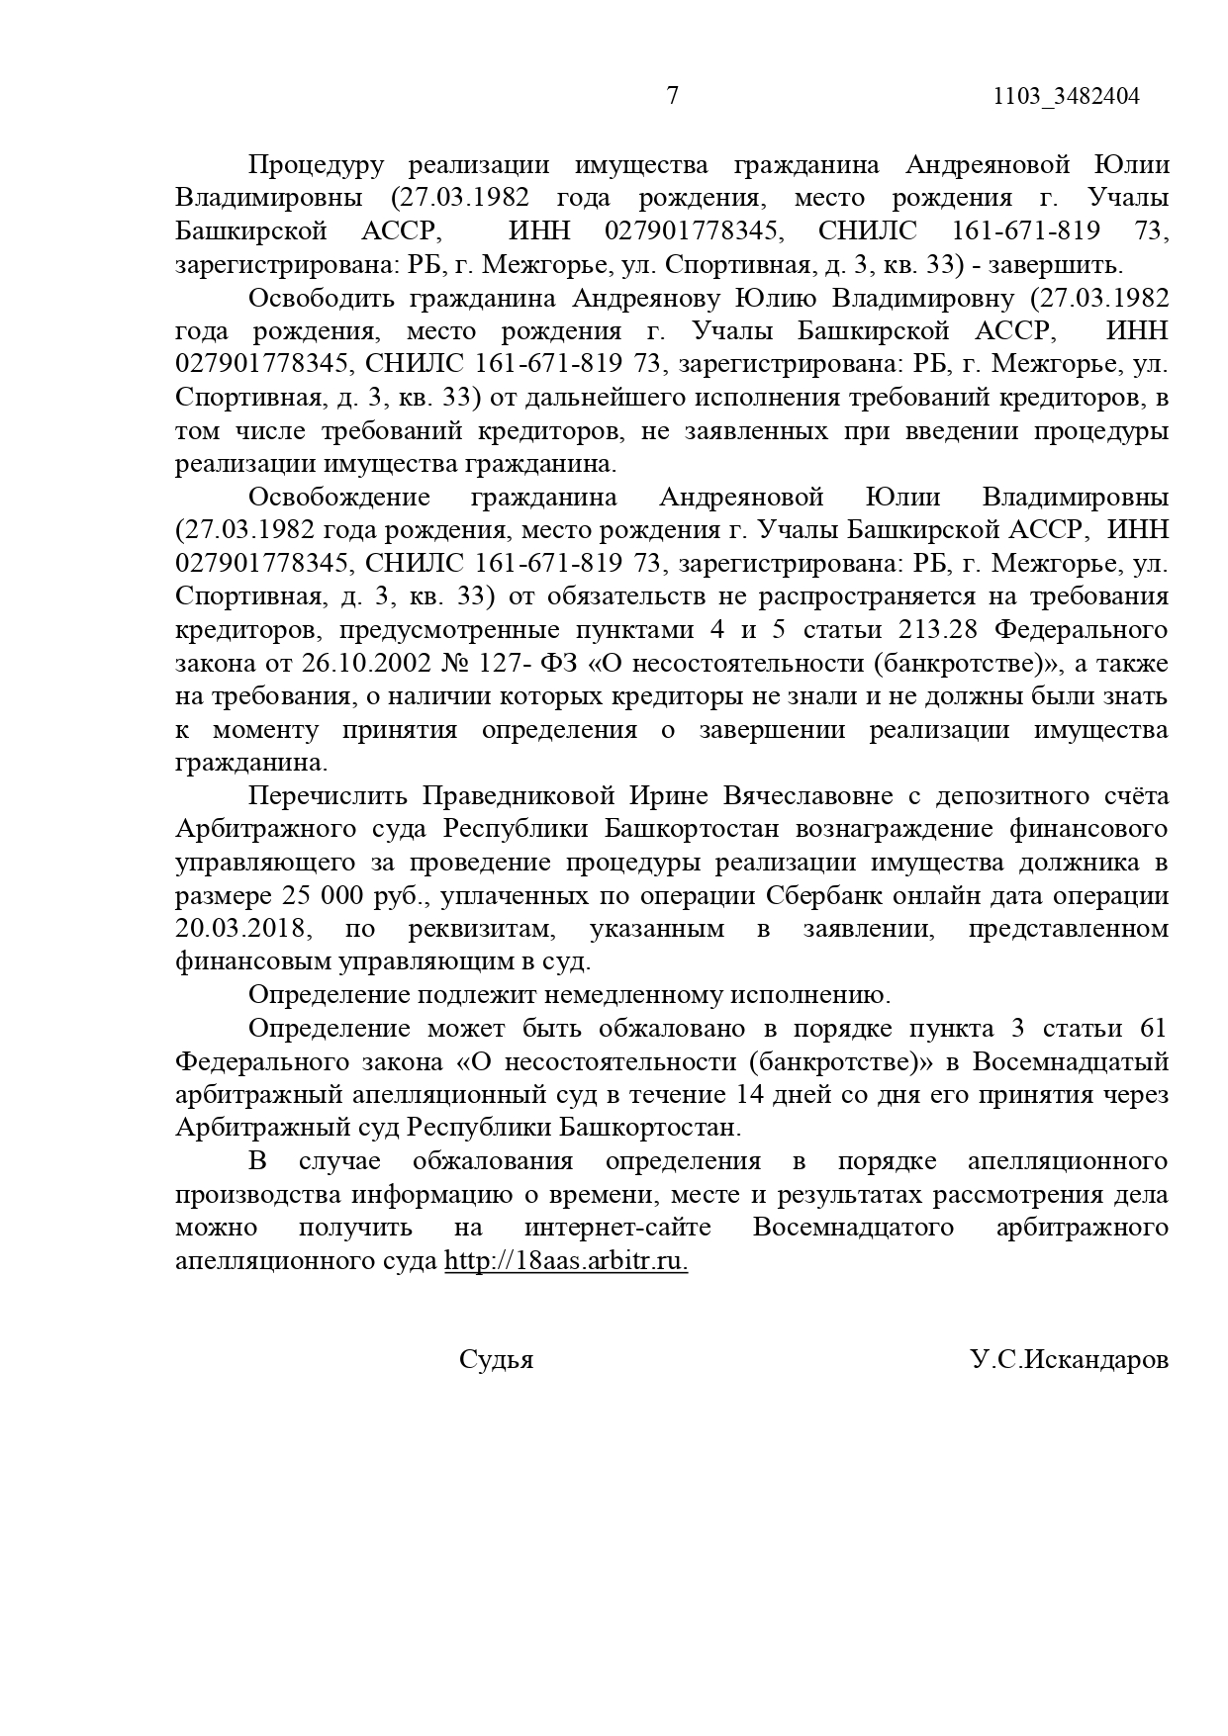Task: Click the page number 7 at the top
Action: (x=673, y=96)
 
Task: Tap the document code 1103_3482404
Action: (x=1066, y=96)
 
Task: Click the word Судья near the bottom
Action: (x=496, y=1359)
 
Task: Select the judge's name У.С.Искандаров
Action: (x=1069, y=1359)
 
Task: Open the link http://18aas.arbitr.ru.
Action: (x=566, y=1261)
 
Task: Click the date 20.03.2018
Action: (x=243, y=929)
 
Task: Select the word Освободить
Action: (x=323, y=298)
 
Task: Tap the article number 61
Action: (x=1154, y=1028)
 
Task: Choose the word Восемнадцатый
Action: (x=1070, y=1061)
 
